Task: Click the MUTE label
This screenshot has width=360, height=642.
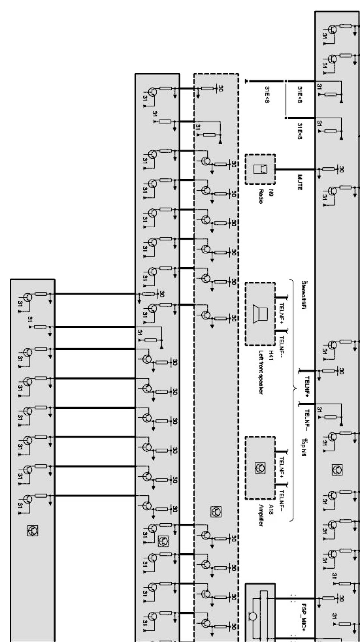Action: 300,182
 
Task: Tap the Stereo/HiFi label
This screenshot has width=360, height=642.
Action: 303,297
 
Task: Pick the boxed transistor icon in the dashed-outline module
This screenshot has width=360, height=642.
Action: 215,511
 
